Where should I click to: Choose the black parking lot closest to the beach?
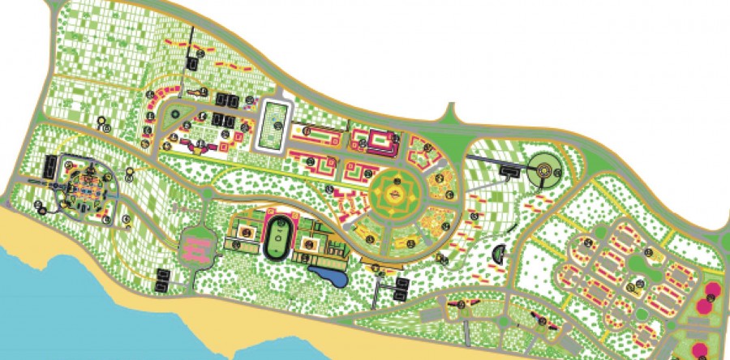pyautogui.click(x=163, y=281)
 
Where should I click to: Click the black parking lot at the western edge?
pyautogui.click(x=49, y=167)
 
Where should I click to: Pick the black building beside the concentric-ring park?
pyautogui.click(x=510, y=170)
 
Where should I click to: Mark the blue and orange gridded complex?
pyautogui.click(x=88, y=188)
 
